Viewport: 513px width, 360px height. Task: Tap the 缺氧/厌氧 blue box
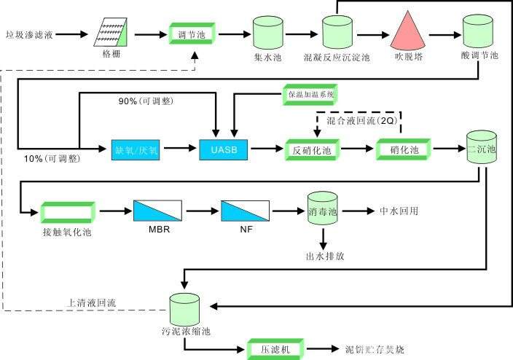(136, 150)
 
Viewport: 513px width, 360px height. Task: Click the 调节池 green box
(195, 34)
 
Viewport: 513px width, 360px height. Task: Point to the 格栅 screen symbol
(117, 33)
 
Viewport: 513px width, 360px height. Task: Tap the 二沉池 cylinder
(481, 149)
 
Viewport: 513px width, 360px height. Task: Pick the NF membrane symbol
(241, 211)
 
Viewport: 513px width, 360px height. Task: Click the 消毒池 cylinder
(322, 209)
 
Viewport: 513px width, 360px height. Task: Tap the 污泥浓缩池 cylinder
(185, 310)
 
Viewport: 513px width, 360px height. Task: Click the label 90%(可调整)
(145, 101)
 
